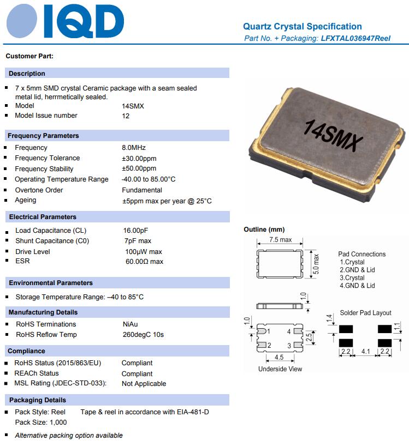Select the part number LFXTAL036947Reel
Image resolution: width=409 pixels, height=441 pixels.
pyautogui.click(x=355, y=38)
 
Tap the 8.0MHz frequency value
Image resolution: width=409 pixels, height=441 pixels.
pyautogui.click(x=134, y=148)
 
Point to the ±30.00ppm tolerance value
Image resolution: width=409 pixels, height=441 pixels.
pyautogui.click(x=139, y=158)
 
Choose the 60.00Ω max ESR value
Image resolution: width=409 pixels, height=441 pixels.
pyautogui.click(x=144, y=262)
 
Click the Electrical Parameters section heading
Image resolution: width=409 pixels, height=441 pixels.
pyautogui.click(x=43, y=217)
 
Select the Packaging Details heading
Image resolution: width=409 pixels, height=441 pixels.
pyautogui.click(x=38, y=400)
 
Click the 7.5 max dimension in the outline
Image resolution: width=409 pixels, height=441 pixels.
pyautogui.click(x=281, y=240)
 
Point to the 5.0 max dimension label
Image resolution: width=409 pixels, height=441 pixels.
pyautogui.click(x=316, y=264)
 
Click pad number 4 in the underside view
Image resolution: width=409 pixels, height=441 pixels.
pyautogui.click(x=289, y=331)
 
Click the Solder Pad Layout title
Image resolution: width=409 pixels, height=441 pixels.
pyautogui.click(x=365, y=313)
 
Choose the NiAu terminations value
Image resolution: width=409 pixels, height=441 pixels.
pyautogui.click(x=130, y=324)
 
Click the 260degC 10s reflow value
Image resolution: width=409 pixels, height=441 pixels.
pyautogui.click(x=143, y=335)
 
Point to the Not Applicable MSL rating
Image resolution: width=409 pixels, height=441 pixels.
pyautogui.click(x=144, y=384)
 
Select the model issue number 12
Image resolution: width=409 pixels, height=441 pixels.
pyautogui.click(x=126, y=116)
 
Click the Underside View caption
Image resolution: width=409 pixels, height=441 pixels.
pyautogui.click(x=280, y=369)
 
